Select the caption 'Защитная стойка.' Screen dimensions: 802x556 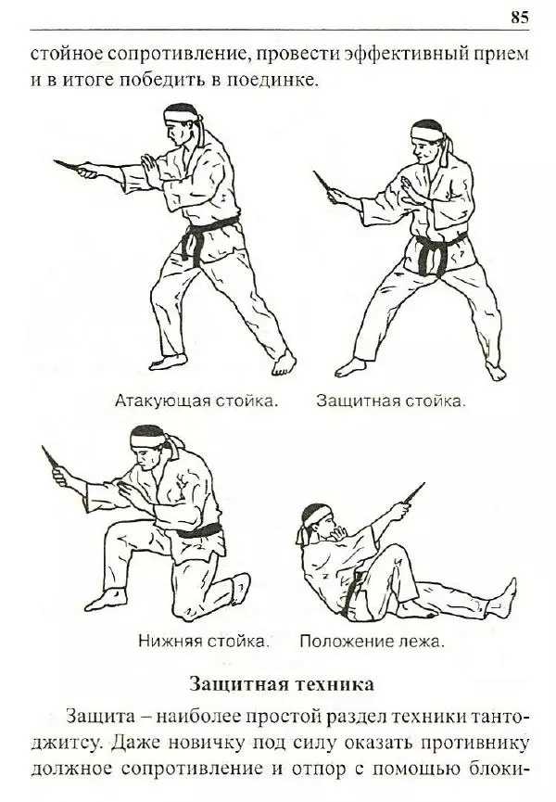(390, 401)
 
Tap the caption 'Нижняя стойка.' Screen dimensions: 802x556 (204, 640)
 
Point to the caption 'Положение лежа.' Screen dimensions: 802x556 (372, 640)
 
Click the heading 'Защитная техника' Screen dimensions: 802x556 (282, 685)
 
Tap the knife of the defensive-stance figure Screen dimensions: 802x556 (321, 182)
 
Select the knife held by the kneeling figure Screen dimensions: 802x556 (50, 457)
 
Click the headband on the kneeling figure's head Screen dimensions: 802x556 (147, 432)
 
